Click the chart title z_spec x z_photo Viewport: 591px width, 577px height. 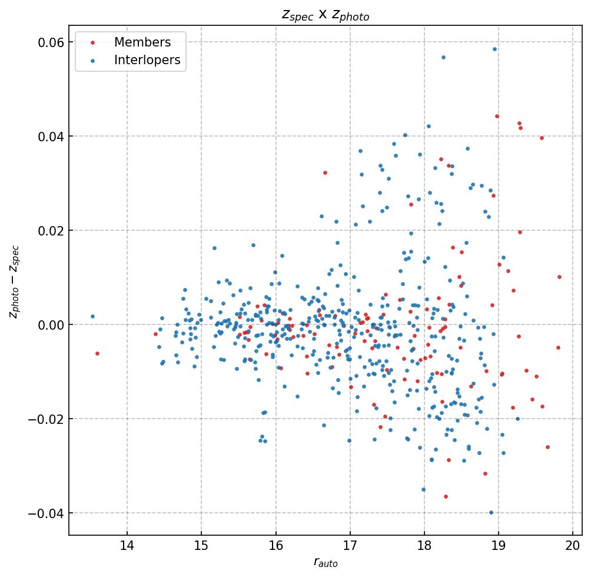325,15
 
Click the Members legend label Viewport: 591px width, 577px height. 142,42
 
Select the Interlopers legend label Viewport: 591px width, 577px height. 147,60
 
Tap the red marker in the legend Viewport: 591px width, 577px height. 92,42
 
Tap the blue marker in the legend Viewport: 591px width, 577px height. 92,60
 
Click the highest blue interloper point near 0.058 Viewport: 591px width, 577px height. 494,49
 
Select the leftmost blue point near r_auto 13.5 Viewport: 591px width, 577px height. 92,316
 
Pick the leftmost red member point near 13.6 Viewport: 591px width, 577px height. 97,353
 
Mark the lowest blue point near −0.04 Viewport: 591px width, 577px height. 491,512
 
